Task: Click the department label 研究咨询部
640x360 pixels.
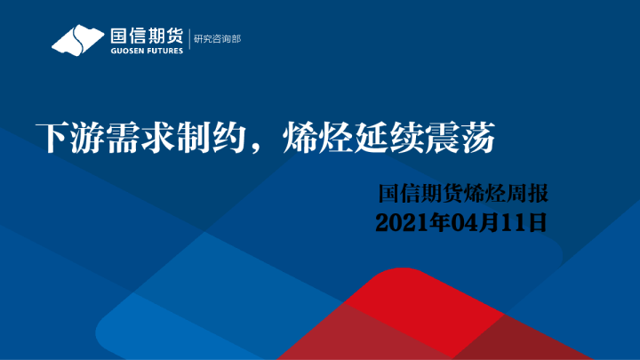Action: (217, 39)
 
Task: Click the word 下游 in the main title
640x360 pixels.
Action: (60, 139)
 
